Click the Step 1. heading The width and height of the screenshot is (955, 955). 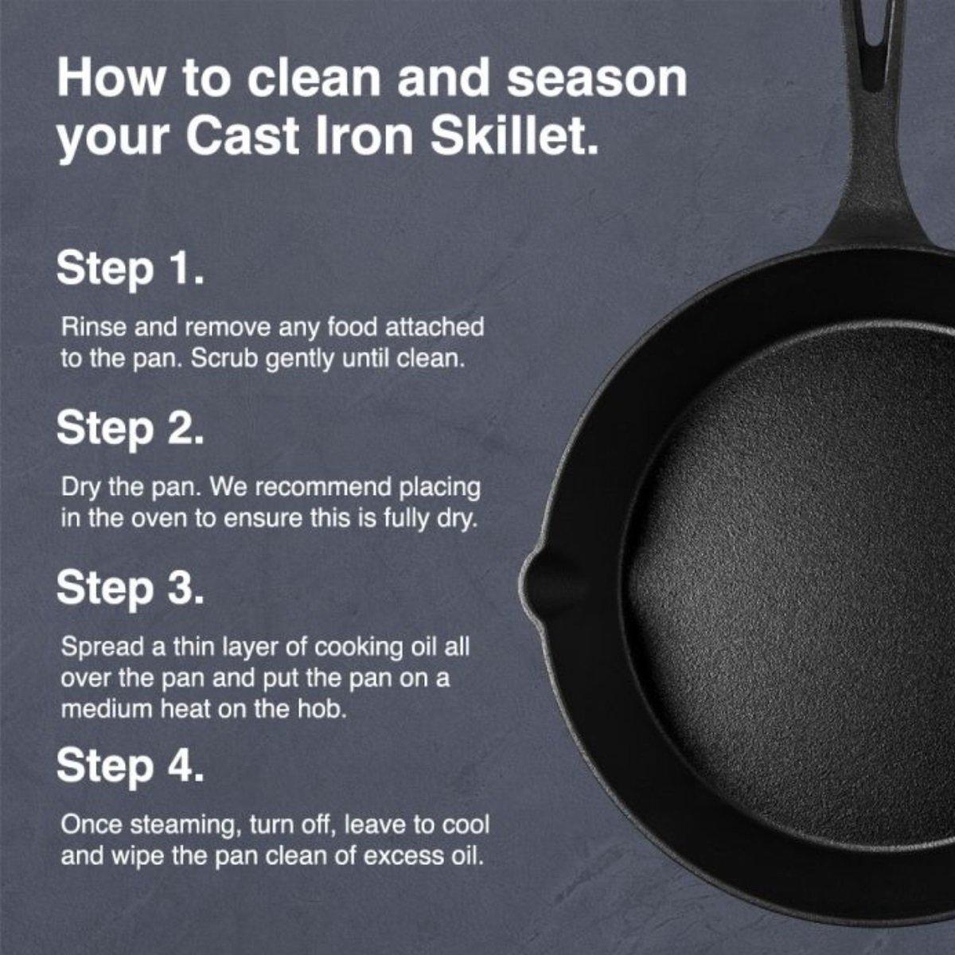click(x=131, y=269)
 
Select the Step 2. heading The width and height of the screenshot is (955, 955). click(x=131, y=430)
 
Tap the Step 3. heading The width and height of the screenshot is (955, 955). click(x=131, y=589)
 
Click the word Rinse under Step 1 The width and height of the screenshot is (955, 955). click(x=88, y=327)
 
